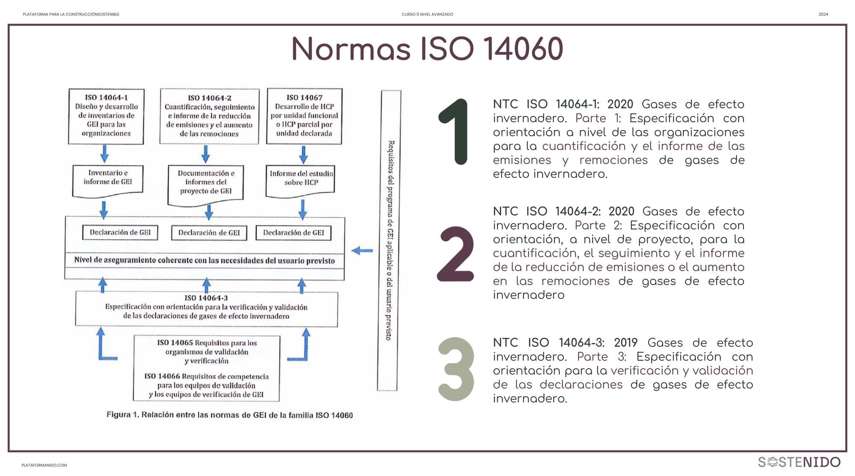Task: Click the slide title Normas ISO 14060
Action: (427, 49)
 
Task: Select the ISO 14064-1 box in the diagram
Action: (106, 116)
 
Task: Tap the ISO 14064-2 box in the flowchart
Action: (209, 116)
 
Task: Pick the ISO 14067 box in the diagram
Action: (304, 116)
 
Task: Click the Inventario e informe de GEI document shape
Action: (108, 178)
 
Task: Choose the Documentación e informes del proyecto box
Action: (206, 183)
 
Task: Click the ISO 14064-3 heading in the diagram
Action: (206, 298)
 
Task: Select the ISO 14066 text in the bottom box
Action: (162, 376)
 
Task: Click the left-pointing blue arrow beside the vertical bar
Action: (362, 251)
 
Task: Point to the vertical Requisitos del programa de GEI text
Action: (389, 240)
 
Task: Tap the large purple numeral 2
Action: (456, 254)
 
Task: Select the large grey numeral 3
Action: (456, 369)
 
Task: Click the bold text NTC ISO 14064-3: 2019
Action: (565, 343)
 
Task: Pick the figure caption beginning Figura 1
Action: (230, 415)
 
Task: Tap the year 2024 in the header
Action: (823, 15)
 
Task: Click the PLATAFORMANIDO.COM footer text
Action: (44, 465)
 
